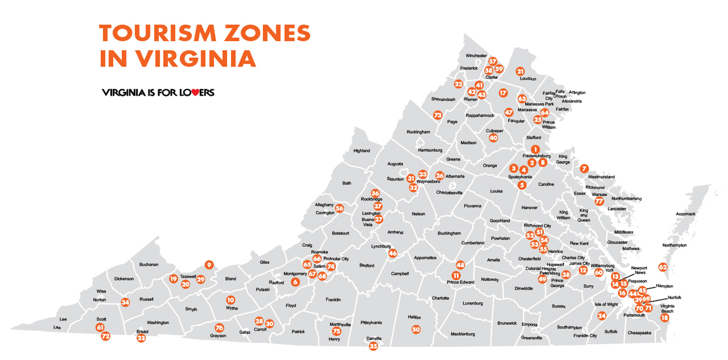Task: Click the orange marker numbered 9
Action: click(209, 265)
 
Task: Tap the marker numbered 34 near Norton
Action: click(125, 302)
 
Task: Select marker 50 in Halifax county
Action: click(416, 330)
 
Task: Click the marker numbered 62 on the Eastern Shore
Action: click(662, 267)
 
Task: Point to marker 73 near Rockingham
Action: click(438, 115)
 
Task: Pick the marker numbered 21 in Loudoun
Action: click(520, 72)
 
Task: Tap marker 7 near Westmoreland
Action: click(584, 168)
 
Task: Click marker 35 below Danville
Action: click(373, 346)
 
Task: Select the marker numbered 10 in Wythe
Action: click(230, 300)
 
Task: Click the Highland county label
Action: click(362, 151)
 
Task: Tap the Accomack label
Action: click(686, 214)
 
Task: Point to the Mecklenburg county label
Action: click(463, 334)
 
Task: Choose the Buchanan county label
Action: click(149, 265)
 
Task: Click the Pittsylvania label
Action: click(371, 323)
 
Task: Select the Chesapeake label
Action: click(639, 333)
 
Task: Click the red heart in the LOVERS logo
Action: click(195, 93)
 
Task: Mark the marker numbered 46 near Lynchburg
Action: click(392, 254)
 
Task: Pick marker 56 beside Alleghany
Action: click(339, 208)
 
